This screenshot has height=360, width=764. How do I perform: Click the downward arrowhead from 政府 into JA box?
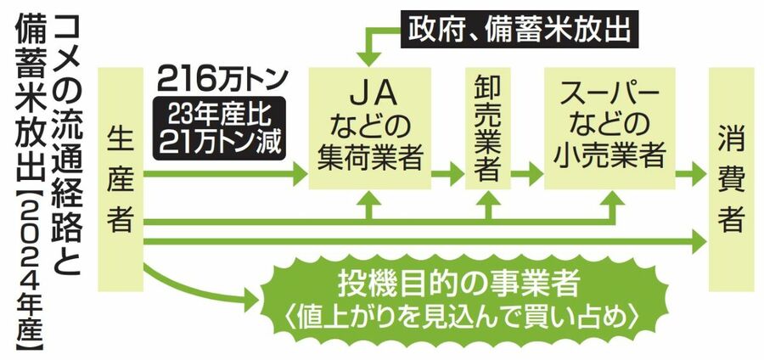coord(368,58)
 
